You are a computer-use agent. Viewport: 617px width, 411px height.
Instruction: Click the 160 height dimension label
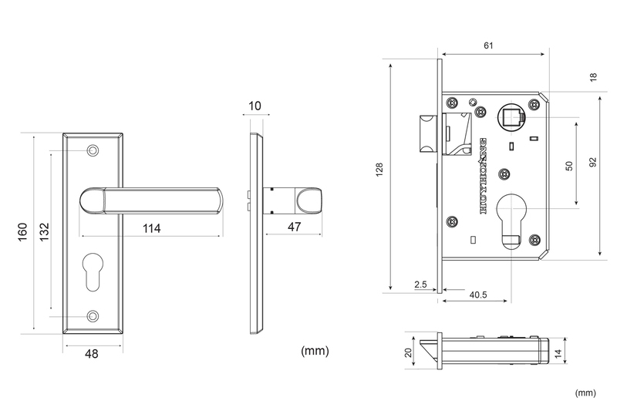click(23, 232)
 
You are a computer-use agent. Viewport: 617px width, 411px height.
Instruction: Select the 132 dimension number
click(45, 232)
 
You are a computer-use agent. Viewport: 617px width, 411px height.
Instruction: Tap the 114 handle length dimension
click(151, 228)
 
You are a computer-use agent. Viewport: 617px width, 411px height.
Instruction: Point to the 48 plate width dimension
click(92, 354)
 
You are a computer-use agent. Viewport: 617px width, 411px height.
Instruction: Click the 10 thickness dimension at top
click(255, 106)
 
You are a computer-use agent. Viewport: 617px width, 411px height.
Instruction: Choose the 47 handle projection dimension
click(295, 227)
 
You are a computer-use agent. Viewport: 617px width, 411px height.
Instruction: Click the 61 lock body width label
click(488, 45)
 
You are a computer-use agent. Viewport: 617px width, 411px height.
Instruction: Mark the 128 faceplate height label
click(379, 170)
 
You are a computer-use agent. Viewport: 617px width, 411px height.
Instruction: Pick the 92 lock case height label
click(593, 162)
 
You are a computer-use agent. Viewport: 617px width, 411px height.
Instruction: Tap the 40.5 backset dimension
click(478, 295)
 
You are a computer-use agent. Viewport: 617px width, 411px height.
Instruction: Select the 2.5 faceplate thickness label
click(420, 285)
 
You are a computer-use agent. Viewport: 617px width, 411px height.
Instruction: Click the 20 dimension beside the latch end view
click(408, 352)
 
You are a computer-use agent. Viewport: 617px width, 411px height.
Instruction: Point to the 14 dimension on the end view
click(558, 354)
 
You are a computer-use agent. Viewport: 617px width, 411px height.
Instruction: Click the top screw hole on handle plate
click(93, 150)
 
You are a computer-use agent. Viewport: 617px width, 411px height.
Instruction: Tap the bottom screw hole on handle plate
click(93, 316)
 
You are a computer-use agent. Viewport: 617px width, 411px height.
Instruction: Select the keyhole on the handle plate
click(93, 271)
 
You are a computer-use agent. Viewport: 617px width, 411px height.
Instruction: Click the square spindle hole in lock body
click(511, 116)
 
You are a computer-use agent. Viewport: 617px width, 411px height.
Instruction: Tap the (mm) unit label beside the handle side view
click(315, 351)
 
